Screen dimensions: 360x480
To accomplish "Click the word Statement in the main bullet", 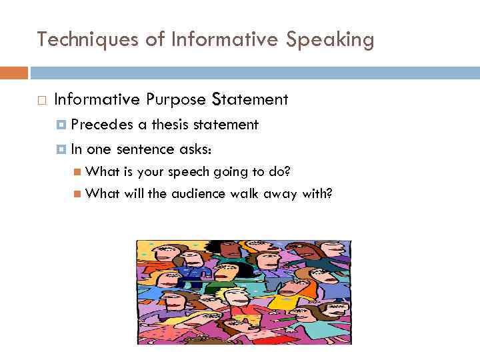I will pyautogui.click(x=250, y=100).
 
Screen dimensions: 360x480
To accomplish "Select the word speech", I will pyautogui.click(x=189, y=172).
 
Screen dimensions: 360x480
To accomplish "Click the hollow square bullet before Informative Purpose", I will pyautogui.click(x=41, y=101).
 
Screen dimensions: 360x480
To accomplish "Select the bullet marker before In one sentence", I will pyautogui.click(x=62, y=149).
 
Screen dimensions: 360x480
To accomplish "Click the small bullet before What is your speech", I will pyautogui.click(x=77, y=172).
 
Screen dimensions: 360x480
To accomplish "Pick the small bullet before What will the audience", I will pyautogui.click(x=77, y=194).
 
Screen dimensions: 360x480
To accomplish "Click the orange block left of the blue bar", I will pyautogui.click(x=14, y=73).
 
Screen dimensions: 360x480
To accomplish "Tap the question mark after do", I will pyautogui.click(x=287, y=172).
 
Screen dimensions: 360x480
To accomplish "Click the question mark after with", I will pyautogui.click(x=329, y=194).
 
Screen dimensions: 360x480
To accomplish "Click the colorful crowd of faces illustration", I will pyautogui.click(x=243, y=292).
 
